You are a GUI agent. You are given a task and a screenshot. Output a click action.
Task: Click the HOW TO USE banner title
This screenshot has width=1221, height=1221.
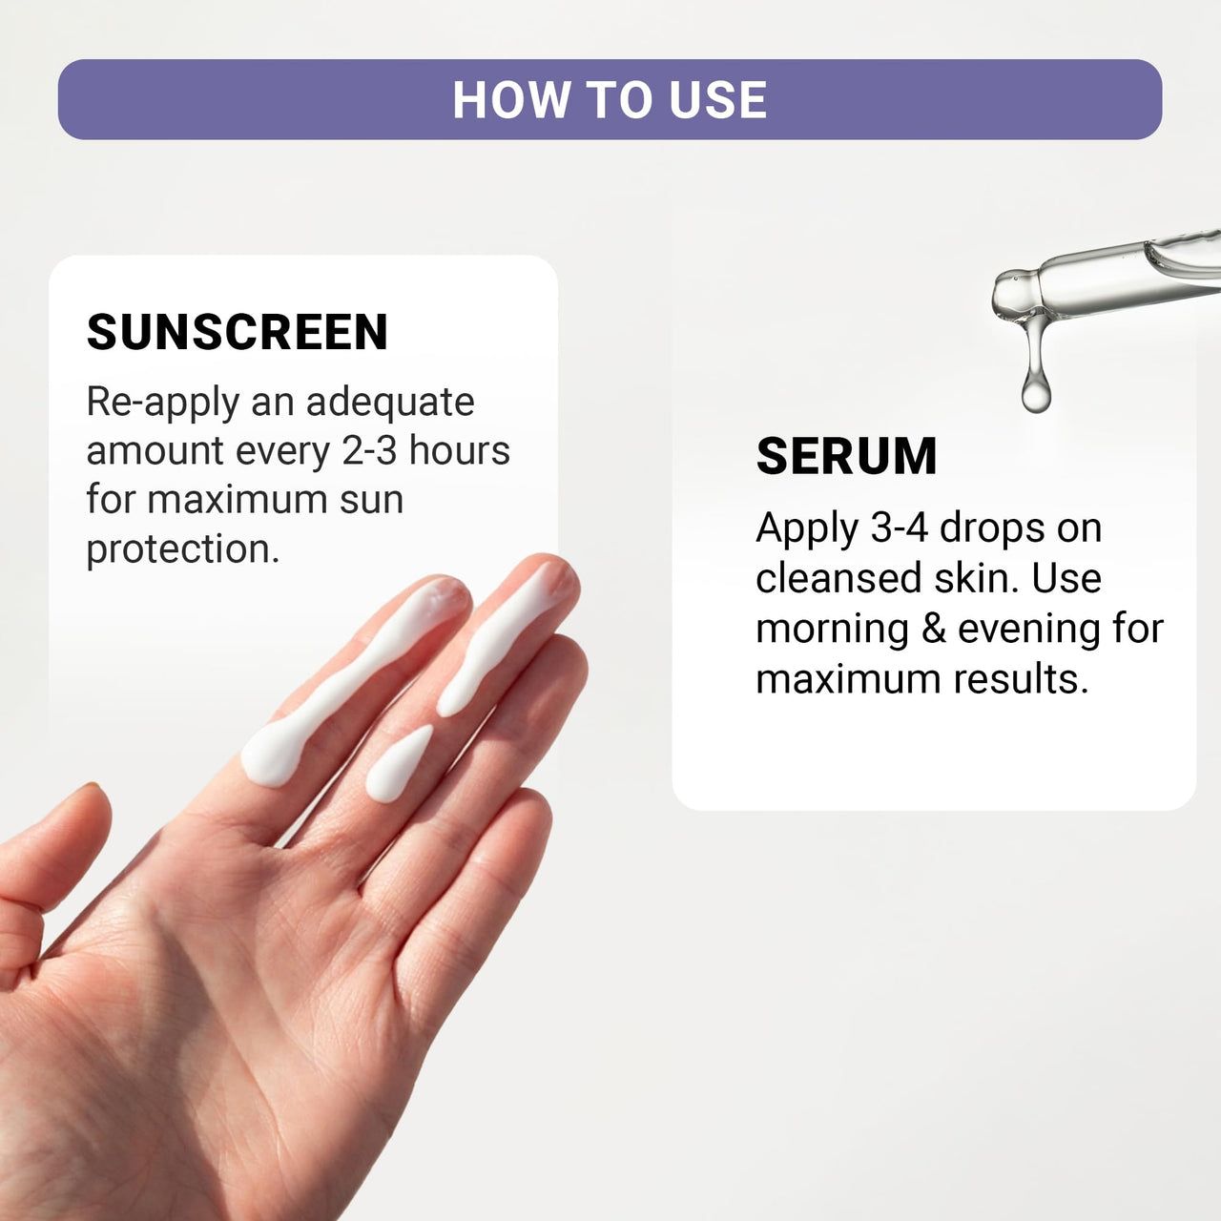610,100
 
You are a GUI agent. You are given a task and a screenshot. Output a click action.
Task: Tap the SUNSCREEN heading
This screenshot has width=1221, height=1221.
238,332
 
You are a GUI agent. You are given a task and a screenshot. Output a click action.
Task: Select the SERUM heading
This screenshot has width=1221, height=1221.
846,456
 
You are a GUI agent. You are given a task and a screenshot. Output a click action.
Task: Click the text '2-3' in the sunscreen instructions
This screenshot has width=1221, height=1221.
369,450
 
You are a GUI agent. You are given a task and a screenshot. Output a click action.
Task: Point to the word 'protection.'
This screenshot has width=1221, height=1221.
183,549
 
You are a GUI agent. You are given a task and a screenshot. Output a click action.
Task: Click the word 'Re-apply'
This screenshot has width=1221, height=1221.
163,403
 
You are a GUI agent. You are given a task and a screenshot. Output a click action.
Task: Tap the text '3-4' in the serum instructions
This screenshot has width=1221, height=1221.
899,528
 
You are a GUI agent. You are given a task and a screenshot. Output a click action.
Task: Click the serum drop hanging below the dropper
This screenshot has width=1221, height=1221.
1036,388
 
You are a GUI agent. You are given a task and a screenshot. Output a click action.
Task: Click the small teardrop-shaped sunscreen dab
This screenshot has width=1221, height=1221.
398,766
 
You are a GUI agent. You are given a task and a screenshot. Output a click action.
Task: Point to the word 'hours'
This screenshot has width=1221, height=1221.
460,450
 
